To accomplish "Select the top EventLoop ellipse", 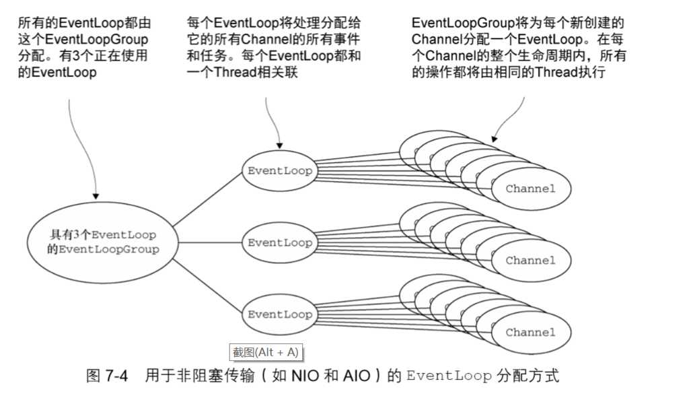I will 280,171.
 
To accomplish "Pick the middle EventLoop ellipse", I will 280,242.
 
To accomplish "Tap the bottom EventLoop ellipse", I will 280,314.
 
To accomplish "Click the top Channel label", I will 530,189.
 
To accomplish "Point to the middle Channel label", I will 530,261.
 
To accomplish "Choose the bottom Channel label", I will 530,333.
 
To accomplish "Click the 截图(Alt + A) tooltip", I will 265,352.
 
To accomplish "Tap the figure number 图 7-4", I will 107,376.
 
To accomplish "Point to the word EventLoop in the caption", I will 449,376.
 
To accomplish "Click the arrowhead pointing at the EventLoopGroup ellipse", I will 96,196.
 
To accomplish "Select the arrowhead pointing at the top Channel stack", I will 494,137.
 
